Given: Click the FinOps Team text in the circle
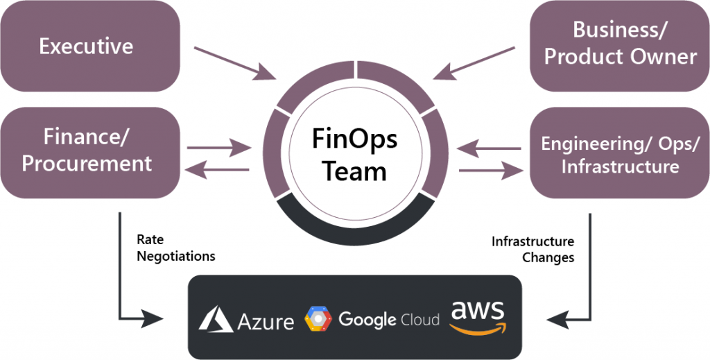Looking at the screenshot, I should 355,154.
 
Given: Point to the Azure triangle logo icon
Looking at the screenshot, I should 216,319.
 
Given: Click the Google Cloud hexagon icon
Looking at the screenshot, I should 318,319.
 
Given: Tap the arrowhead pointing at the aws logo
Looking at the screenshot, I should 554,320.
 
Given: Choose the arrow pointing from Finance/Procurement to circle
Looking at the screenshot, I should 218,147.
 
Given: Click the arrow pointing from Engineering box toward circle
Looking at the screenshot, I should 490,148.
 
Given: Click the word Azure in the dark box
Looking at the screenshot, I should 266,320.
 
